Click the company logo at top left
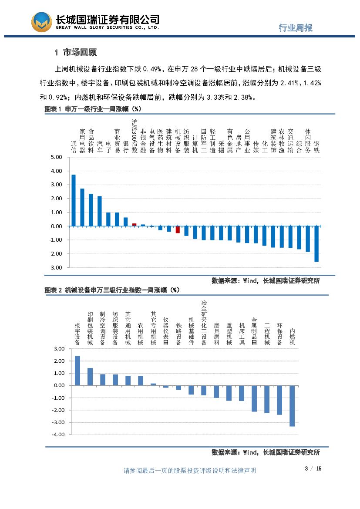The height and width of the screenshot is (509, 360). [42, 22]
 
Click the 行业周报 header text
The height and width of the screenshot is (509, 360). [296, 27]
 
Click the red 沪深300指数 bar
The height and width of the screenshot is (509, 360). [134, 225]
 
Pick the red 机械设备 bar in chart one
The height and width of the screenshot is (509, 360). [178, 229]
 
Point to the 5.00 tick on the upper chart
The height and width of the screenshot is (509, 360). [57, 157]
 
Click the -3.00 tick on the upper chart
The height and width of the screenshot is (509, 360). [56, 267]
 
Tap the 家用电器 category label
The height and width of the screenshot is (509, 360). [82, 141]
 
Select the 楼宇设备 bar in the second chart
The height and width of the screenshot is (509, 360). [77, 371]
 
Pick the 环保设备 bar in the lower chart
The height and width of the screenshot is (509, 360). [279, 400]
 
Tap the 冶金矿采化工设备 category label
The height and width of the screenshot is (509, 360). [204, 322]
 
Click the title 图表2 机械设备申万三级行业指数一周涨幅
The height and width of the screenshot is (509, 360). [112, 290]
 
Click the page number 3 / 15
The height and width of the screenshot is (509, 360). [313, 469]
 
